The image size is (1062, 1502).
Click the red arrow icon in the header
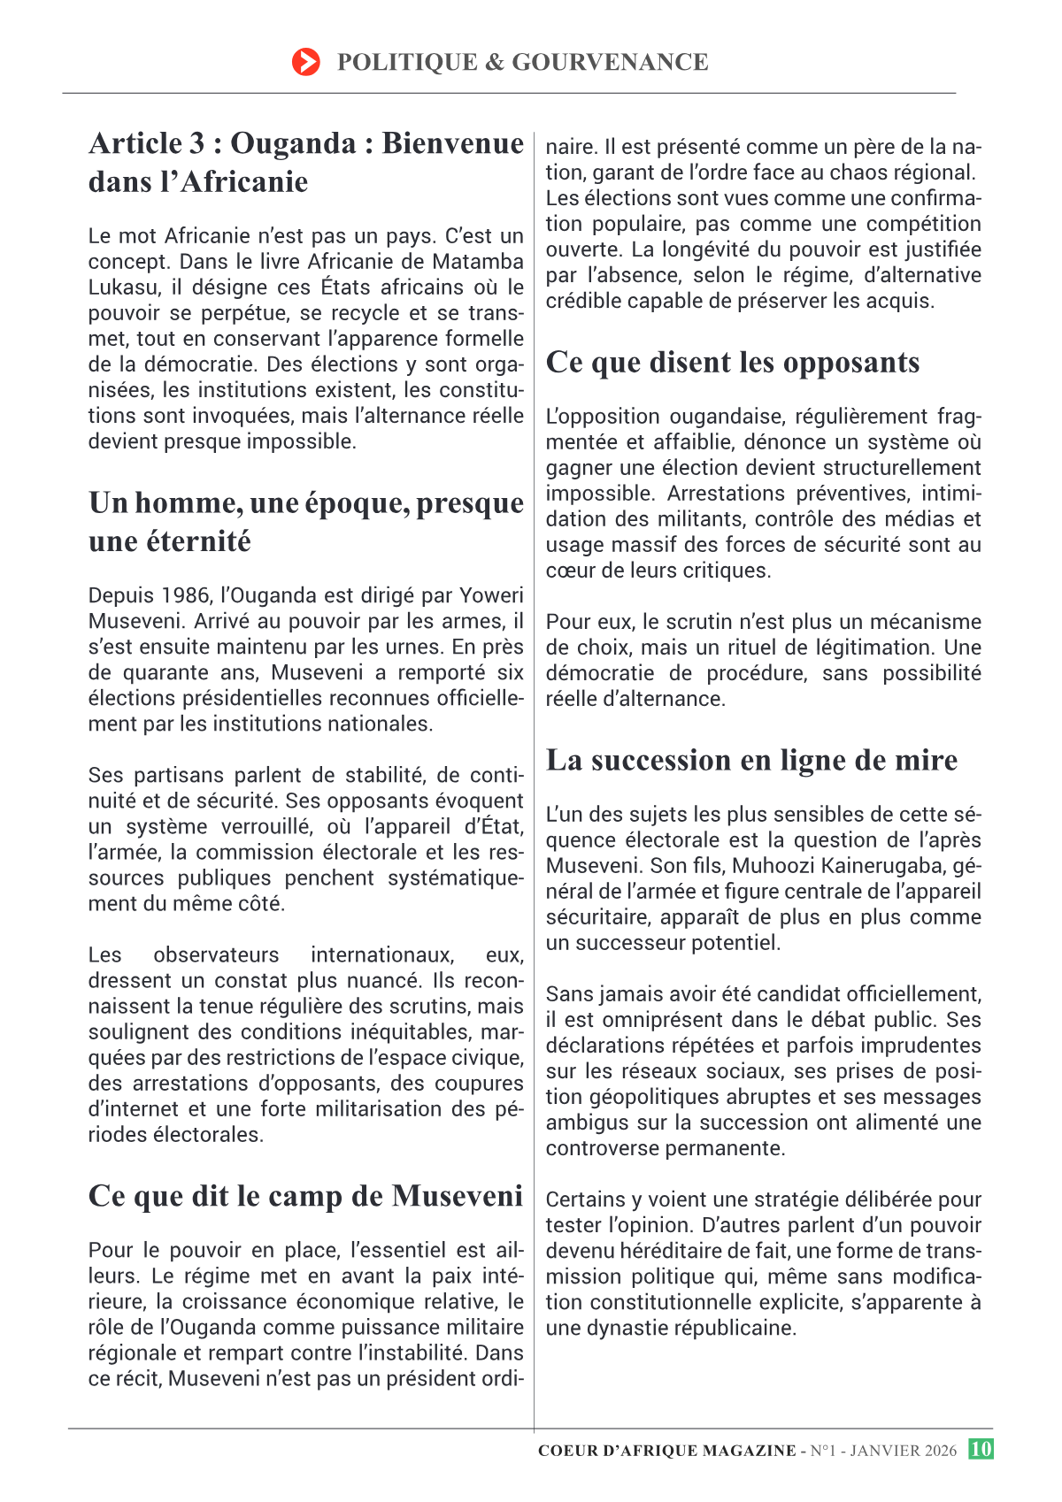click(305, 62)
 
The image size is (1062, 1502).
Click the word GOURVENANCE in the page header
click(610, 62)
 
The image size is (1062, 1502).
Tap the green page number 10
click(981, 1449)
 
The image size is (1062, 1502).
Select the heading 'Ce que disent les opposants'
click(733, 363)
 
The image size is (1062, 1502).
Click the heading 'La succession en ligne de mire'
click(751, 761)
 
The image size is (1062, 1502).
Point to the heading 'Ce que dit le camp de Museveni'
click(305, 1196)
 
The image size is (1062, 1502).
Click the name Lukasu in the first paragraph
click(121, 287)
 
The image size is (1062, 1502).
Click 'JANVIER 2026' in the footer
click(903, 1451)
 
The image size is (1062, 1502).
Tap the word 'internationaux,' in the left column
click(381, 955)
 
